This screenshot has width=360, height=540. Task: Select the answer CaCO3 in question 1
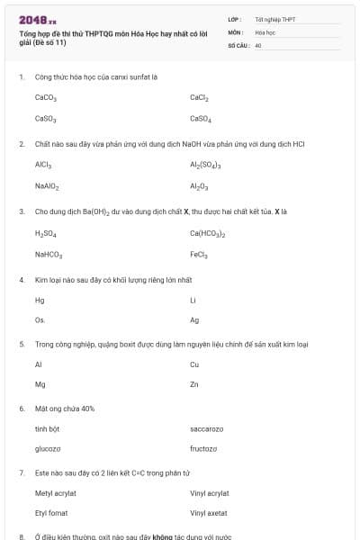click(46, 97)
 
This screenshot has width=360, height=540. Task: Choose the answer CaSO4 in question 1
click(201, 118)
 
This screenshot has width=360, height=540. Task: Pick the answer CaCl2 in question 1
click(200, 97)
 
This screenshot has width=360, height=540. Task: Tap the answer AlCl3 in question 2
click(43, 166)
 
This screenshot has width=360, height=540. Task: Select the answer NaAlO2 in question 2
click(47, 186)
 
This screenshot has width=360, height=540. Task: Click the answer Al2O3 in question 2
click(200, 186)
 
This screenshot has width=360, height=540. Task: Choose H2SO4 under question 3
click(46, 233)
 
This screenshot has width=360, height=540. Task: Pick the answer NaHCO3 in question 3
click(49, 254)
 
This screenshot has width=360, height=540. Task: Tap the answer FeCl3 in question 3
click(199, 254)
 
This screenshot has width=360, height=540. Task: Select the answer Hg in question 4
click(39, 300)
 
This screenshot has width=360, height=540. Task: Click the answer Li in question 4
click(193, 300)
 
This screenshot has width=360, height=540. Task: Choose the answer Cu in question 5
click(194, 364)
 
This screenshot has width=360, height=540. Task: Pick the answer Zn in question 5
click(194, 384)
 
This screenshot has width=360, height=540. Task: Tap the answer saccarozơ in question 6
click(207, 428)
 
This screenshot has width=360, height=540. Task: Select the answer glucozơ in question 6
click(48, 448)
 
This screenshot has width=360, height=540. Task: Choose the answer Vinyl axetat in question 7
click(209, 513)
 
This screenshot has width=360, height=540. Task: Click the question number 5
click(22, 344)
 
